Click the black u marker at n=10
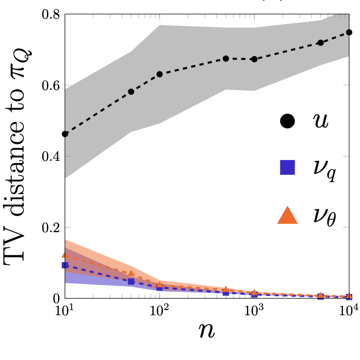[x=65, y=134]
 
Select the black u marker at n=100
[x=160, y=74]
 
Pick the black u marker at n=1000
[x=254, y=59]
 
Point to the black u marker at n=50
[x=131, y=92]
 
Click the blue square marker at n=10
[x=65, y=265]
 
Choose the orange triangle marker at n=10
[x=65, y=255]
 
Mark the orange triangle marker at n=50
[x=131, y=273]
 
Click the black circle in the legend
[x=287, y=122]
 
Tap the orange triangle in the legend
[x=287, y=215]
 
